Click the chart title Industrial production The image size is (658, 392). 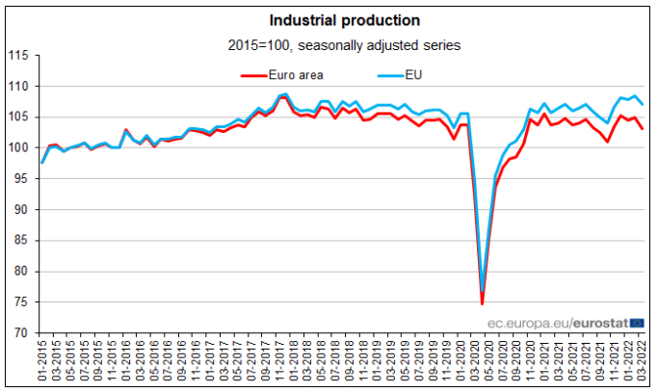click(x=331, y=19)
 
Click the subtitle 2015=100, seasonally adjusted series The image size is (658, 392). click(x=331, y=44)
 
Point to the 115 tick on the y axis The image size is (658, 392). click(x=20, y=55)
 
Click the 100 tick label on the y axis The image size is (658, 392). click(x=20, y=147)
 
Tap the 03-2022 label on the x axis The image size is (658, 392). click(x=643, y=364)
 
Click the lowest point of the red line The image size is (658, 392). click(x=482, y=304)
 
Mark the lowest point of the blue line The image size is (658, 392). click(x=483, y=289)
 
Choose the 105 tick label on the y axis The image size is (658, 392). click(x=20, y=117)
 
